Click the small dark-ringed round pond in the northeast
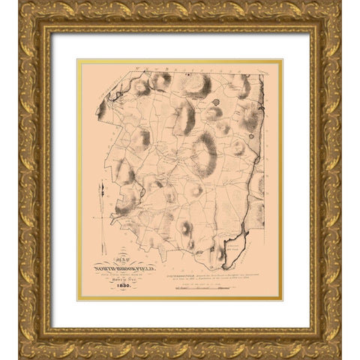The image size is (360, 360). (216, 102)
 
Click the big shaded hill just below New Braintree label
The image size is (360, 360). (197, 85)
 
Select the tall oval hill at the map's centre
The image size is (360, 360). (202, 153)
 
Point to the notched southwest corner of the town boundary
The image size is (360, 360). (112, 217)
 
